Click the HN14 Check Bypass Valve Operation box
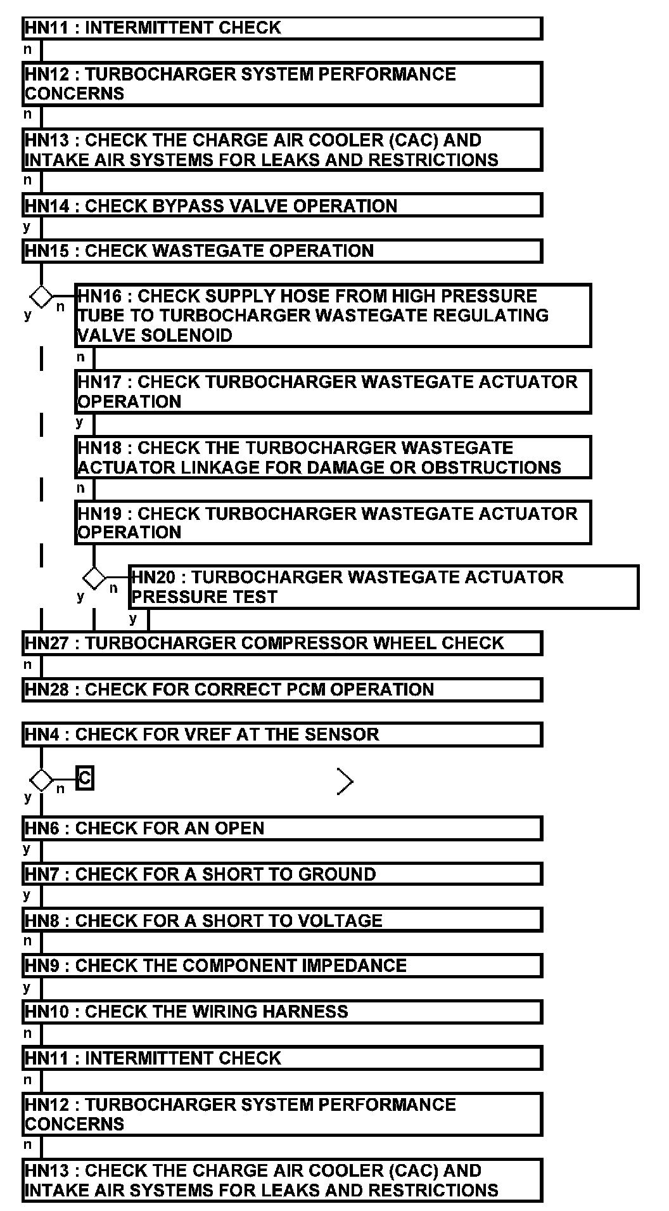pos(282,206)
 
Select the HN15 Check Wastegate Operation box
pos(282,251)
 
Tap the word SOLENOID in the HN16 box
pos(186,335)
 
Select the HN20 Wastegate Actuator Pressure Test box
pos(383,587)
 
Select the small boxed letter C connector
pos(84,778)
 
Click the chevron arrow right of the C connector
pos(345,782)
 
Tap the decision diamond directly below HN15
pos(42,296)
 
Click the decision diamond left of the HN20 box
pos(94,578)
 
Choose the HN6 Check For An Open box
pos(282,829)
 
